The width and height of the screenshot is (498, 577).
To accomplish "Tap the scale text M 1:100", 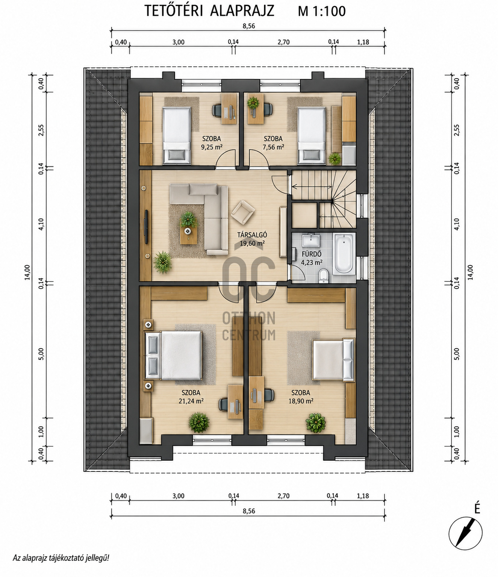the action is (322, 12).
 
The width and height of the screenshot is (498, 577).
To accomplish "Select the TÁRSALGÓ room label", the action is (252, 235).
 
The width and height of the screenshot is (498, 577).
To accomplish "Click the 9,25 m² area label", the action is (212, 147).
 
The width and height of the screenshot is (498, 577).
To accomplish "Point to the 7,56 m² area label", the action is (273, 147).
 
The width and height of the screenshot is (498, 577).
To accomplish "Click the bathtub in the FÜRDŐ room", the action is (344, 254).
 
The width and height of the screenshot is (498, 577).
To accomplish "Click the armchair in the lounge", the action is (242, 212).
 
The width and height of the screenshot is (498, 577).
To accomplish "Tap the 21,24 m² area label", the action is (191, 401).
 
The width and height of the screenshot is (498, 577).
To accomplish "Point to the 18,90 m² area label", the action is (301, 401).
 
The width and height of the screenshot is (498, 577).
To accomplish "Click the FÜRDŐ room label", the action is (312, 254).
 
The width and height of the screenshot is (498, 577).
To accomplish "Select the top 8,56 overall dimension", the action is (249, 26).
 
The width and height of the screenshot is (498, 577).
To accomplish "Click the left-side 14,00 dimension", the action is (27, 272).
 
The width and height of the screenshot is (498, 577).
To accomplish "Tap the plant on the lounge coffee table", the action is (189, 219).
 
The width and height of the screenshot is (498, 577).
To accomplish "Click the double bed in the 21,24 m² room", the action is (173, 355).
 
